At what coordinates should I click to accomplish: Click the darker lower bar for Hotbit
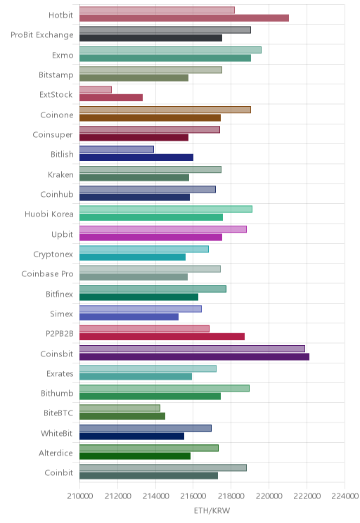[x=184, y=18]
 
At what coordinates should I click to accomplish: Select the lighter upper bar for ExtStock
[x=96, y=90]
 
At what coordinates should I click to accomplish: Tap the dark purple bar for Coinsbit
[x=194, y=357]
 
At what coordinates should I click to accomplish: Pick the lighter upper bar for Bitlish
[x=117, y=150]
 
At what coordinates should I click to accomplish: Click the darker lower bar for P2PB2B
[x=162, y=337]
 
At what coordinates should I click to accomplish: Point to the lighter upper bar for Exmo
[x=170, y=50]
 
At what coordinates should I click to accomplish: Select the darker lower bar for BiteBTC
[x=122, y=416]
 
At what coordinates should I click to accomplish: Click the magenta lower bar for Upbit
[x=150, y=237]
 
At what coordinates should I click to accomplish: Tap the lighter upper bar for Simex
[x=141, y=309]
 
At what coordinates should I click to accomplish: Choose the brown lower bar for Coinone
[x=150, y=117]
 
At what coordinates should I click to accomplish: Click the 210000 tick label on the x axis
[x=79, y=496]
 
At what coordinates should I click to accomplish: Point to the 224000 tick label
[x=345, y=496]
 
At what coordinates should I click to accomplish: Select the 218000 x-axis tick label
[x=231, y=496]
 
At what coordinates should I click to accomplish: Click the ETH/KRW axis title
[x=212, y=510]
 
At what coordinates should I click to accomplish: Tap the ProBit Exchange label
[x=42, y=35]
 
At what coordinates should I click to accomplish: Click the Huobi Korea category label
[x=49, y=214]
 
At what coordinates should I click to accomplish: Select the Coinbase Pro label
[x=47, y=274]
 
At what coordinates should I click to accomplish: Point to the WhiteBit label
[x=56, y=433]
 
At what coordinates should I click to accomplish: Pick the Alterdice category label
[x=56, y=453]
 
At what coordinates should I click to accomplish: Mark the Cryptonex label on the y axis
[x=53, y=254]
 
